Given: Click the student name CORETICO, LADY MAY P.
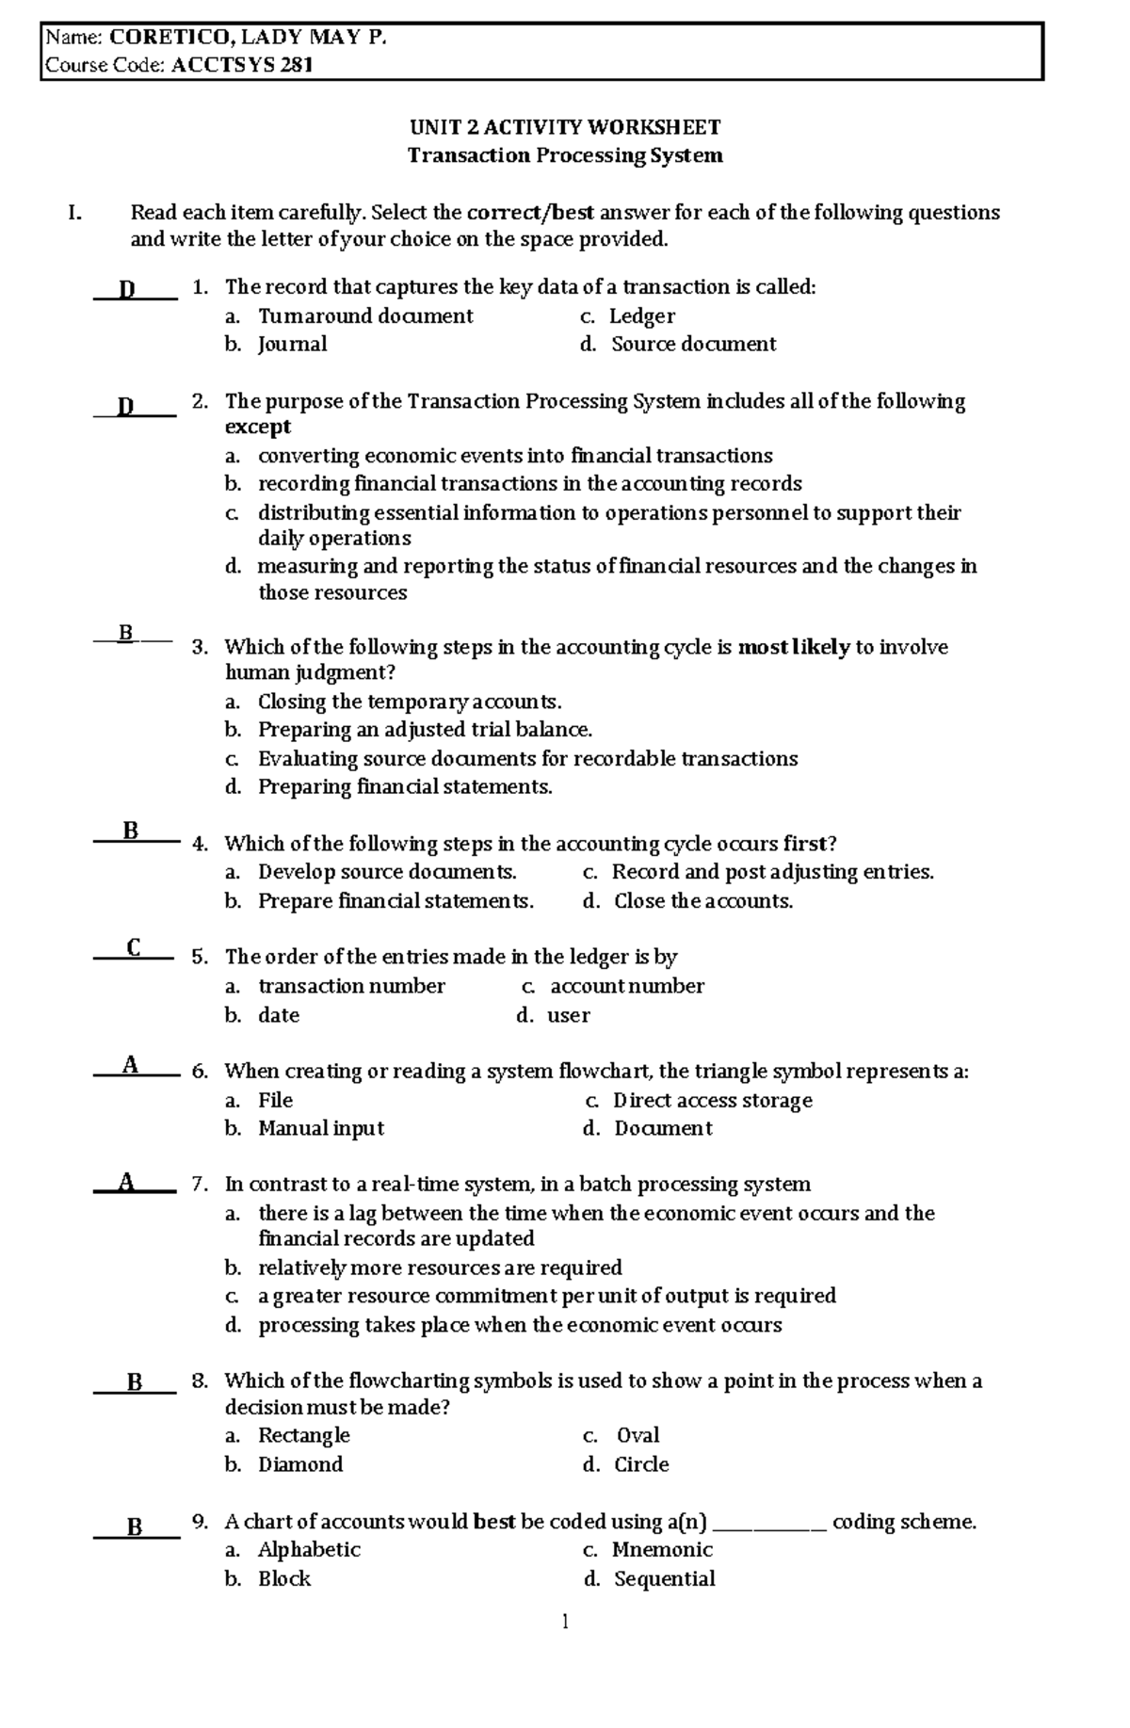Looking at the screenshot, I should click(x=248, y=38).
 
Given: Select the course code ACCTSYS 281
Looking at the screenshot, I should click(x=242, y=65).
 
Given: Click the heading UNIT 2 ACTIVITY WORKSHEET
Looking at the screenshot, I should click(x=564, y=127).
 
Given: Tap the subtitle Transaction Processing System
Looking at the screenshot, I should click(x=564, y=155).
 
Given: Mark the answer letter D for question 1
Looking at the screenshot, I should click(x=127, y=289).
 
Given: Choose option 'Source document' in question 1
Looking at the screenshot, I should click(x=693, y=345).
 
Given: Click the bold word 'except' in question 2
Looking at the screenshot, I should click(x=258, y=428).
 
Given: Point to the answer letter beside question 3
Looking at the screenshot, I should click(x=126, y=634).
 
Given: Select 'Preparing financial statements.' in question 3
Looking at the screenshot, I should click(x=405, y=787).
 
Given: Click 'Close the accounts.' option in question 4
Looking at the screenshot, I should click(x=702, y=901).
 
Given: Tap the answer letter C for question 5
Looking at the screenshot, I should click(x=133, y=948).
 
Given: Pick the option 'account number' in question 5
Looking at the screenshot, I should click(x=626, y=987).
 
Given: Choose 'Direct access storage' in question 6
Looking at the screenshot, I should click(x=712, y=1101).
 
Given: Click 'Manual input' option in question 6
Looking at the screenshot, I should click(x=321, y=1129).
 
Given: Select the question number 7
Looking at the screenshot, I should click(x=199, y=1185).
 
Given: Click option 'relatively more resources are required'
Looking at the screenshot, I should click(x=440, y=1268).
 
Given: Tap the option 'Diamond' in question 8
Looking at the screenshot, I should click(x=300, y=1465).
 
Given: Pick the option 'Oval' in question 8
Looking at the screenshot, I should click(x=638, y=1436).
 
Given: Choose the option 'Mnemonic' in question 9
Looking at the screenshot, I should click(x=662, y=1550).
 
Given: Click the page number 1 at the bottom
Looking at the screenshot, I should click(x=565, y=1622).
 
